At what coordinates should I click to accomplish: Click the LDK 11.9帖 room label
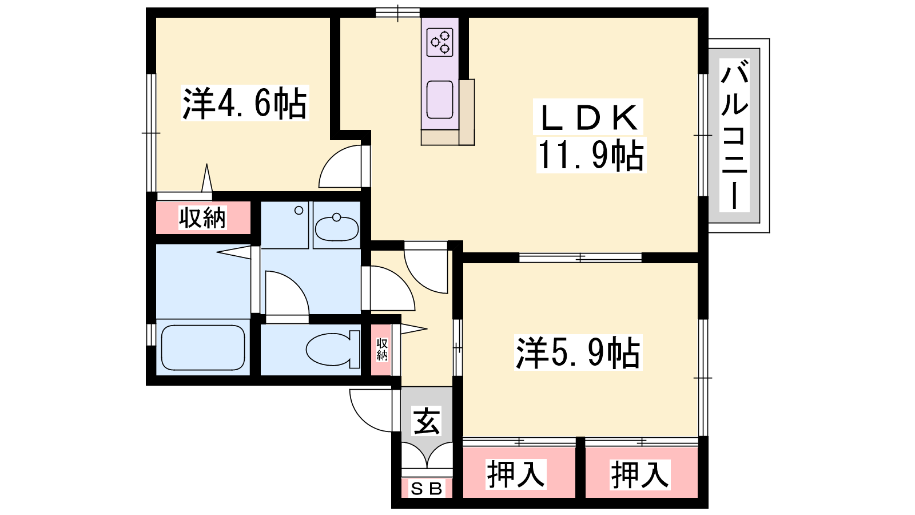click(x=589, y=136)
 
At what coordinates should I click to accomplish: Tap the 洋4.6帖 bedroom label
click(x=245, y=103)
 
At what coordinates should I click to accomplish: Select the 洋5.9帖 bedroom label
click(x=578, y=352)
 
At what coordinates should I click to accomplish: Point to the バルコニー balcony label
click(x=734, y=134)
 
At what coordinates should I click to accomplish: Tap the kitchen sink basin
click(x=440, y=100)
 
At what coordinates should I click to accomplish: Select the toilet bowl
click(x=332, y=349)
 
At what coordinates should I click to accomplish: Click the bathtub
click(x=203, y=348)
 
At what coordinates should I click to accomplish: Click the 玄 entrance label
click(x=427, y=421)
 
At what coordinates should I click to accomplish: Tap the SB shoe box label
click(x=427, y=489)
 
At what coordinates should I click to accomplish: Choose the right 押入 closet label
click(x=640, y=474)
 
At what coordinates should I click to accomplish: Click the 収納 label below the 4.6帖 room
click(x=202, y=218)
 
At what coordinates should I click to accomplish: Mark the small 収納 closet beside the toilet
click(x=381, y=350)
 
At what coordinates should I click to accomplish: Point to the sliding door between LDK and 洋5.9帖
click(x=580, y=258)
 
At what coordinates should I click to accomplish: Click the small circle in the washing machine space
click(x=299, y=211)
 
